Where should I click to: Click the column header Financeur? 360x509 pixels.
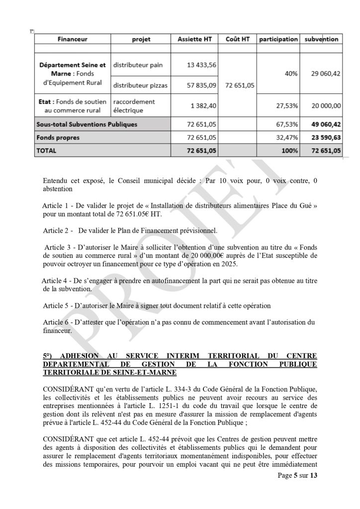click(72, 39)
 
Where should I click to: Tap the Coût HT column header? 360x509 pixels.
click(237, 39)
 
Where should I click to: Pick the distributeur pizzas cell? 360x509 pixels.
click(140, 85)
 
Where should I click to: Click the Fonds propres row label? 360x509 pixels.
click(58, 137)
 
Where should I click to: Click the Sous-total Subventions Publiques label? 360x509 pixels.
click(86, 124)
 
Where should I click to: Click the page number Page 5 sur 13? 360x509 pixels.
click(297, 475)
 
